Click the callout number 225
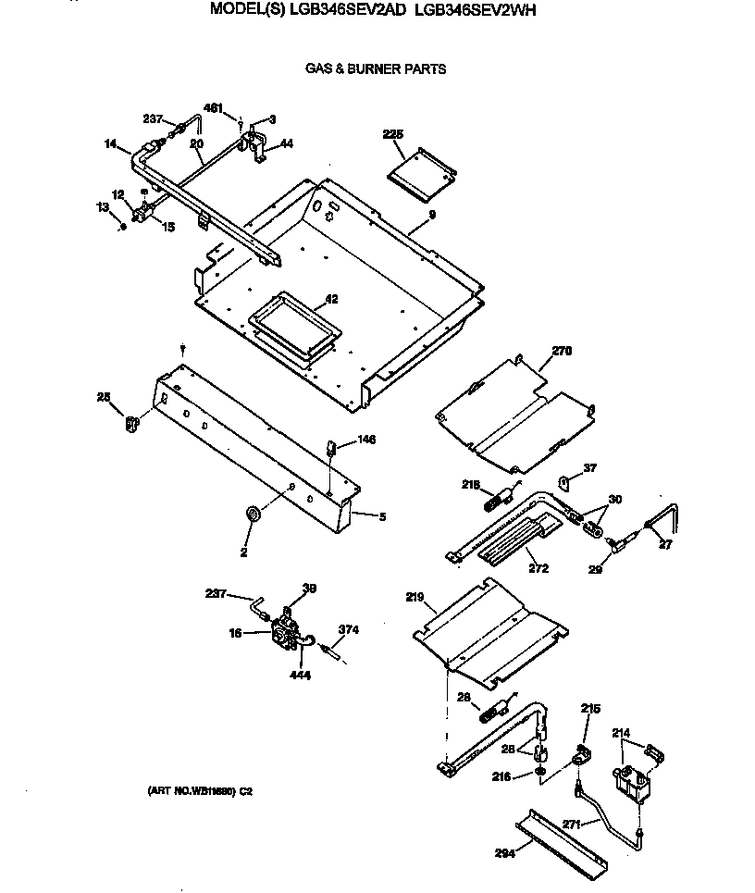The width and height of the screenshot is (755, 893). click(x=393, y=134)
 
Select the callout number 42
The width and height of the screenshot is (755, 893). click(x=330, y=300)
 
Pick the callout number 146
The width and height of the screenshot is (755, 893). click(x=366, y=440)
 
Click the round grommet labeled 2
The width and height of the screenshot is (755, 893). click(x=250, y=514)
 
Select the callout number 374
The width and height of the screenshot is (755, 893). click(x=348, y=629)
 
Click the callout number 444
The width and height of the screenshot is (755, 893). click(x=300, y=675)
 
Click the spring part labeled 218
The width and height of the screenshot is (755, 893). click(x=495, y=501)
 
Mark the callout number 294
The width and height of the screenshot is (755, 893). click(x=504, y=852)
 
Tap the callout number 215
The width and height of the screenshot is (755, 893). click(x=590, y=708)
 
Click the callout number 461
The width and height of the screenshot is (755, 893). click(x=213, y=108)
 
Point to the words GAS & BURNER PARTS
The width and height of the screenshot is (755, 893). click(x=376, y=68)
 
